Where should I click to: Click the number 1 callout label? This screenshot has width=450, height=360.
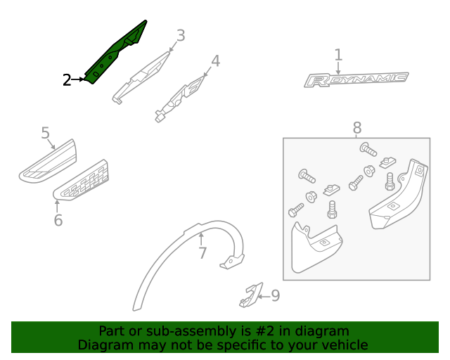click(x=338, y=55)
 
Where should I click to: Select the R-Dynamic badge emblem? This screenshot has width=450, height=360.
click(x=356, y=79)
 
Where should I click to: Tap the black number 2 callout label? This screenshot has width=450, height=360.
click(x=67, y=80)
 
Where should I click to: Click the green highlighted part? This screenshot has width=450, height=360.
click(x=116, y=53)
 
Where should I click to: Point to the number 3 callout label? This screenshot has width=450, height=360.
click(x=180, y=35)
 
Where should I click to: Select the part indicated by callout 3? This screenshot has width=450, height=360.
click(x=143, y=76)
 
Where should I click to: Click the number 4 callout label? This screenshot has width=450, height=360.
click(x=216, y=61)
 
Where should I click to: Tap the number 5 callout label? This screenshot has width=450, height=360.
click(x=45, y=133)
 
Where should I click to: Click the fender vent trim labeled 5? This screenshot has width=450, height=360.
click(x=47, y=162)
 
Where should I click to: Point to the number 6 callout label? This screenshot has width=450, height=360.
click(x=58, y=220)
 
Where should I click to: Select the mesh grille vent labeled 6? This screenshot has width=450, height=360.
click(x=82, y=180)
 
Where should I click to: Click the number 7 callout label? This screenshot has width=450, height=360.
click(x=202, y=252)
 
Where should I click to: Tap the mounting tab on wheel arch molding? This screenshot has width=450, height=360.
click(x=232, y=262)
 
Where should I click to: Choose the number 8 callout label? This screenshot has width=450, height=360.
click(x=357, y=128)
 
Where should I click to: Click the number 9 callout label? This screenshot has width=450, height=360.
click(x=275, y=295)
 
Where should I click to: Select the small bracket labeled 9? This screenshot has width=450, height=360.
click(x=250, y=295)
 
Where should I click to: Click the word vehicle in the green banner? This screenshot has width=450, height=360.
click(x=342, y=345)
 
